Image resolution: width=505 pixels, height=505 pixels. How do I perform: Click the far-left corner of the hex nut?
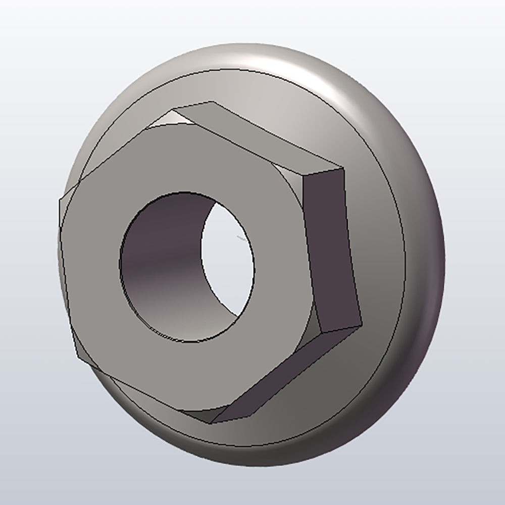point(59,199)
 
